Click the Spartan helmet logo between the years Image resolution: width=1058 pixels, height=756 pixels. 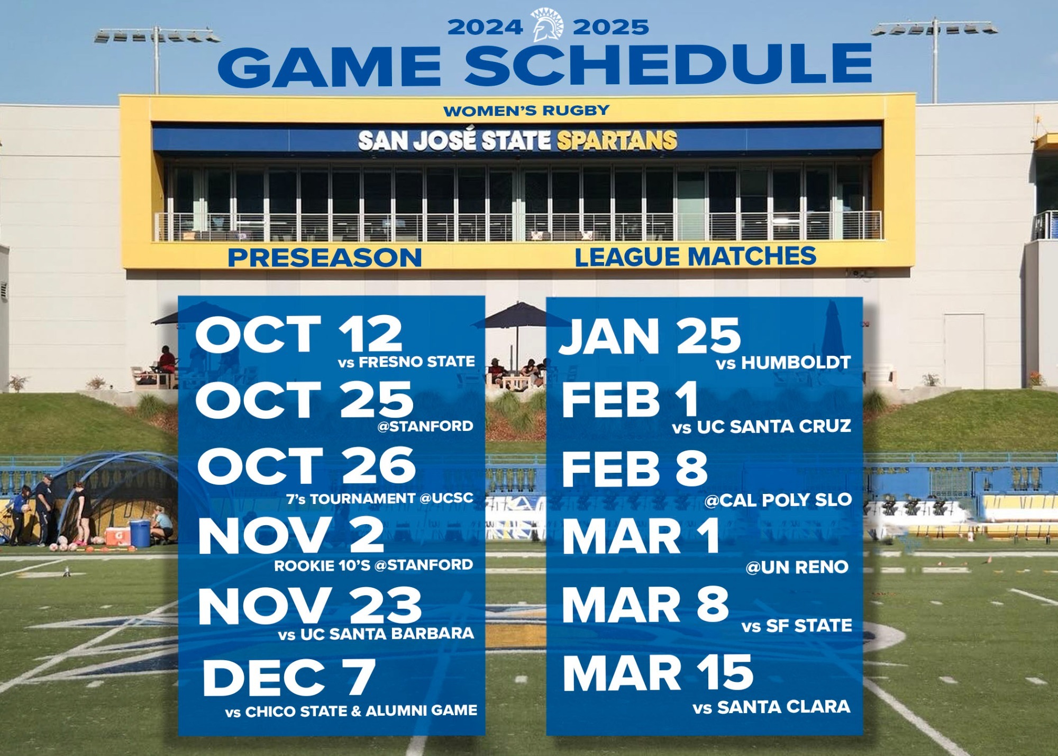click(548, 25)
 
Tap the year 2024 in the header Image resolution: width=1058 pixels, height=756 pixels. click(485, 27)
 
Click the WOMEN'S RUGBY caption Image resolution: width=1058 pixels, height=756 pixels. click(526, 111)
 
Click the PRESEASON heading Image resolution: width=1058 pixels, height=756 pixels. click(324, 258)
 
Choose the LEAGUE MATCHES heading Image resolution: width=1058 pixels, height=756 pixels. click(695, 257)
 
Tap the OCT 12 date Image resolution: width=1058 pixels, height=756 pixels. click(299, 334)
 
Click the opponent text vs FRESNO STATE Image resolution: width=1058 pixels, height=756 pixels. click(406, 362)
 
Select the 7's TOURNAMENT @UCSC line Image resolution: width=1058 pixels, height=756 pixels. click(379, 499)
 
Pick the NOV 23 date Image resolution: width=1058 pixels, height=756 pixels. click(309, 606)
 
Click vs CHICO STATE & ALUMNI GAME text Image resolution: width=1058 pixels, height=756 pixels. click(351, 711)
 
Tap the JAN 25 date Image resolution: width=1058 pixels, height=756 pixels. click(650, 336)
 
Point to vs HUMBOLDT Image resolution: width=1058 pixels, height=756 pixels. click(783, 363)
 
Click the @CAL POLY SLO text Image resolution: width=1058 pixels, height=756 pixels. click(778, 500)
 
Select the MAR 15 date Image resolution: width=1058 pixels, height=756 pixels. click(658, 673)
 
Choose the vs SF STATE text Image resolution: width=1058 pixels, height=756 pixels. click(796, 626)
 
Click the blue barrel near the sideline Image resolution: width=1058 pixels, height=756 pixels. click(140, 533)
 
